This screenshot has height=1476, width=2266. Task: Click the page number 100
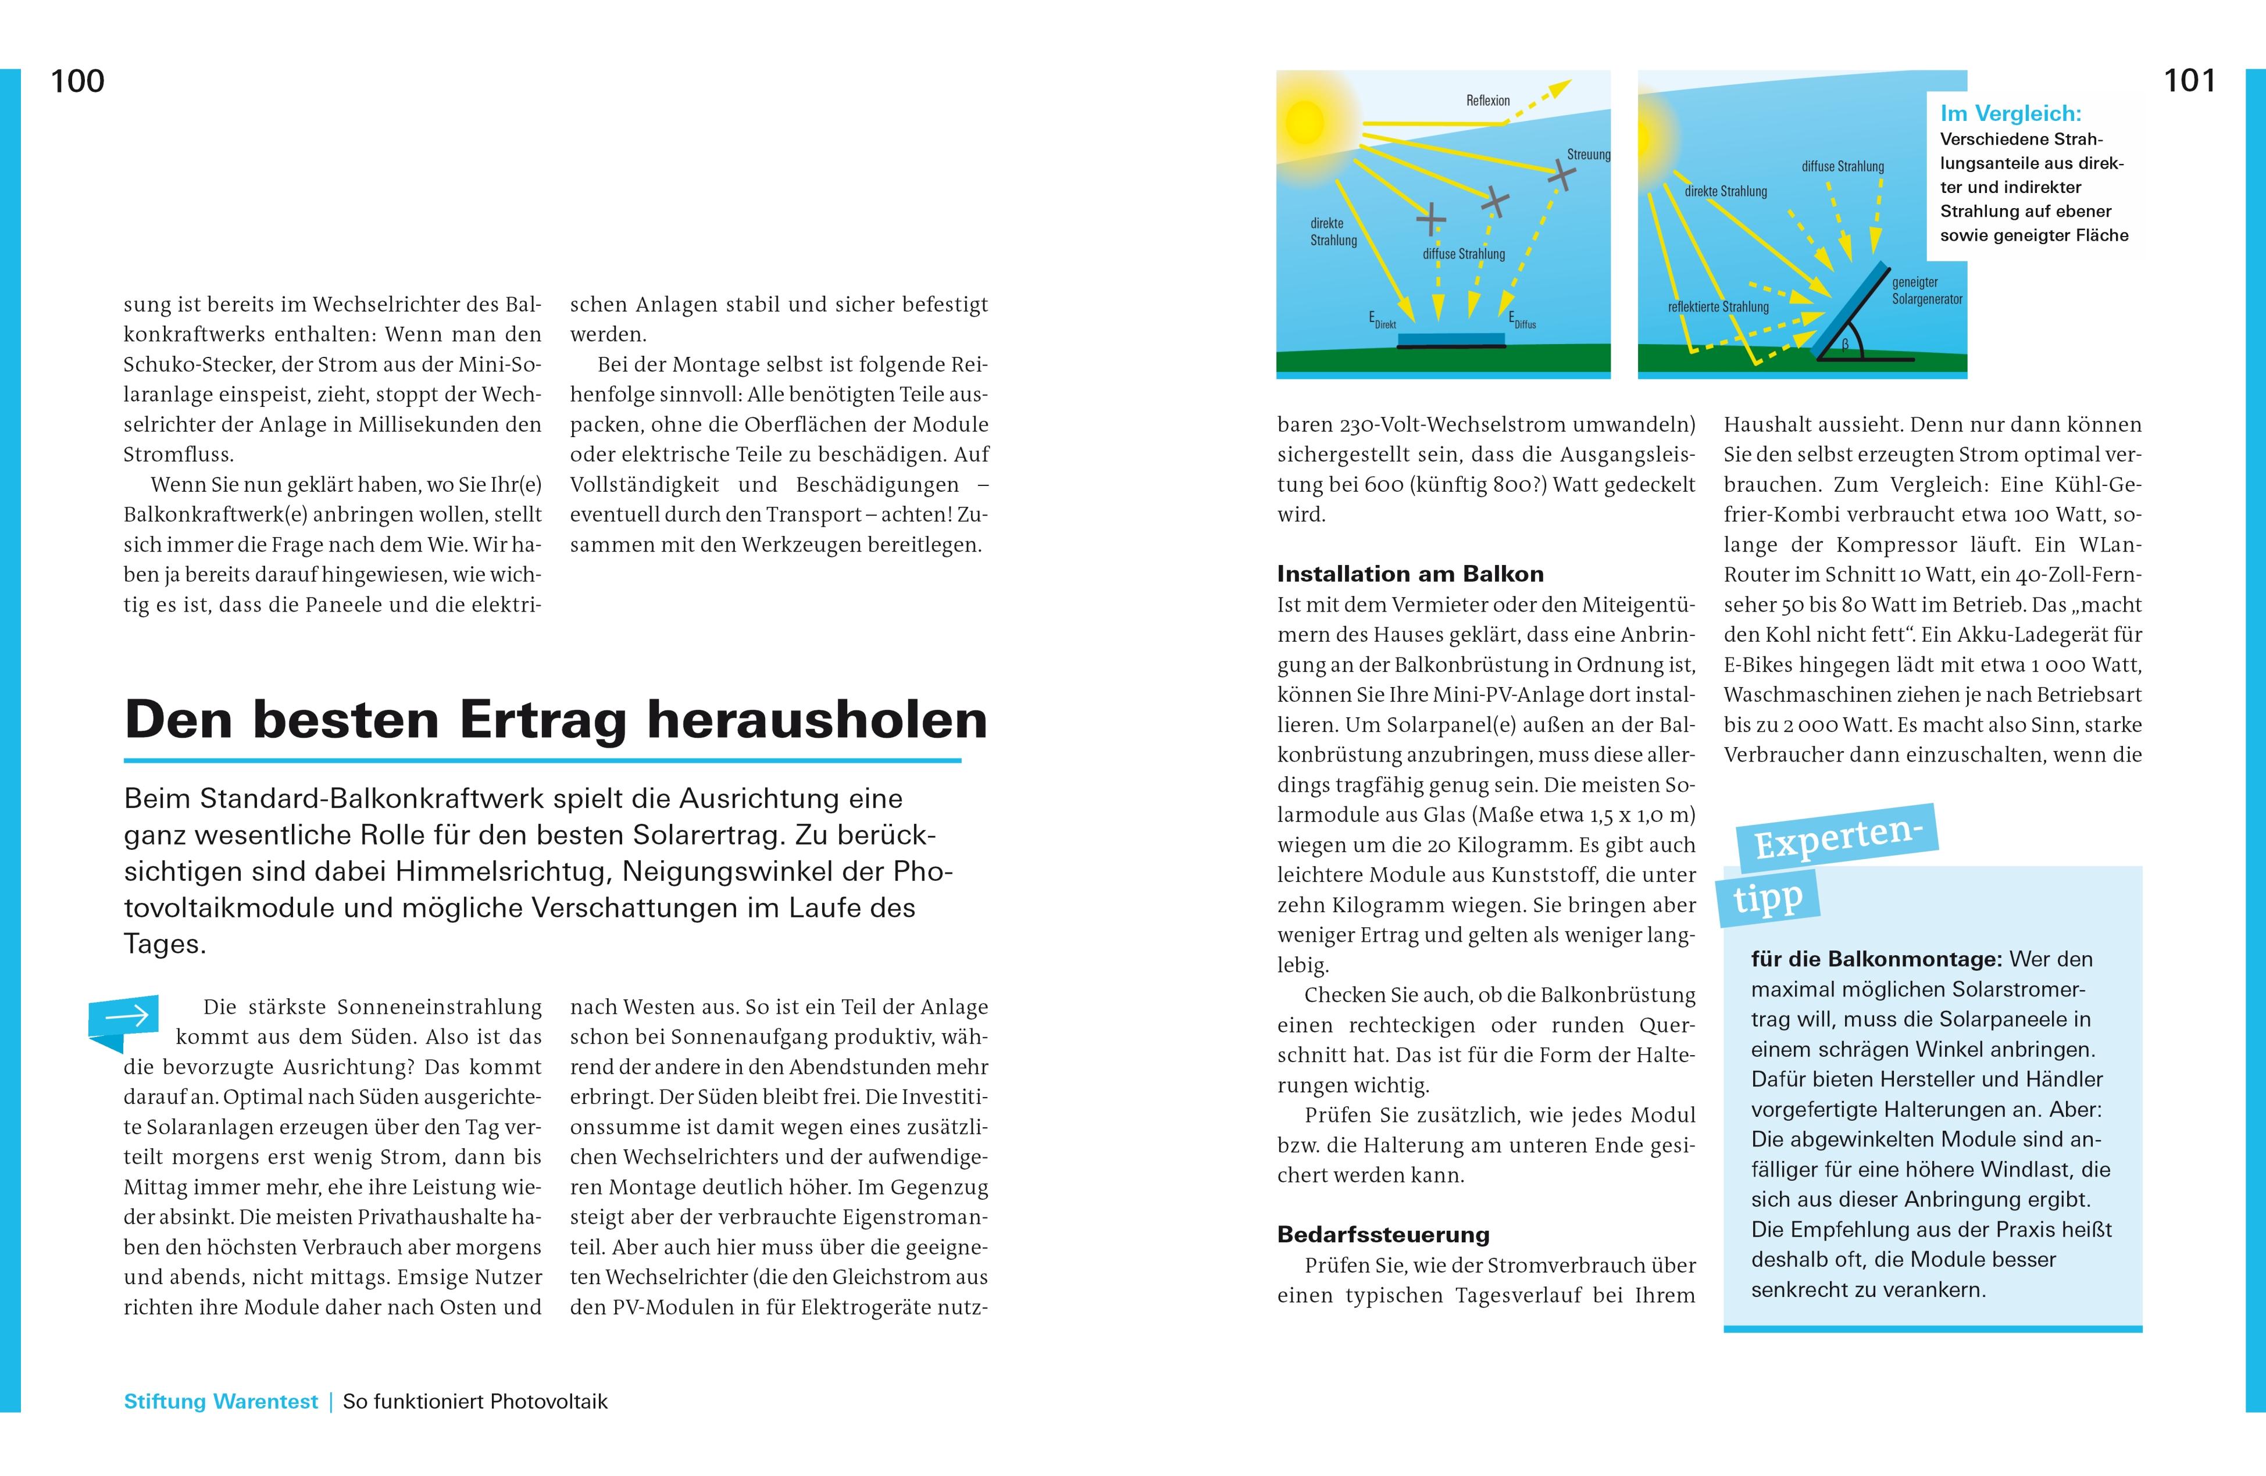(77, 82)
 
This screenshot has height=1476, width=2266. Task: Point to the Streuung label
(1588, 154)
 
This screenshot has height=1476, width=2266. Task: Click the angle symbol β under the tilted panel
(1844, 345)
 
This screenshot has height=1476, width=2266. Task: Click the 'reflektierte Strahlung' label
(1718, 308)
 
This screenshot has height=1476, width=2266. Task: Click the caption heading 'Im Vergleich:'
(2011, 114)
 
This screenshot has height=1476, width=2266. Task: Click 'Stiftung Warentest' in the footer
(221, 1402)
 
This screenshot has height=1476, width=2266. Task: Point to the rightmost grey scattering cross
(1561, 174)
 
